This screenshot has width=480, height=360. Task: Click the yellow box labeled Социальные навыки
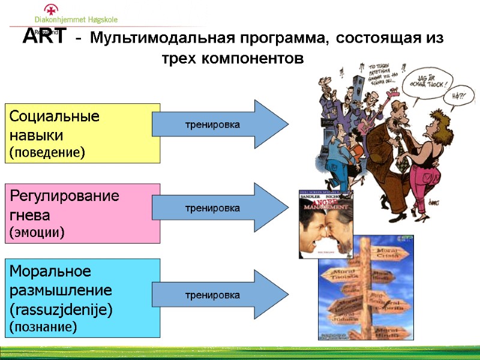click(83, 133)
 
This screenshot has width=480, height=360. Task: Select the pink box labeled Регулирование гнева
click(83, 213)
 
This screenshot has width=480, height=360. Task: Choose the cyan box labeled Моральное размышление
click(83, 298)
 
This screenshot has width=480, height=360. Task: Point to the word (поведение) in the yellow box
click(47, 152)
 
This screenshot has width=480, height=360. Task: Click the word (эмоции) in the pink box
click(37, 232)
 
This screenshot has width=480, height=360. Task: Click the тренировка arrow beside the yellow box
click(220, 124)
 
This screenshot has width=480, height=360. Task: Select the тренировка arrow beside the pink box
click(220, 208)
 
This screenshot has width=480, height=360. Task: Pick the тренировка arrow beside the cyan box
click(220, 295)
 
